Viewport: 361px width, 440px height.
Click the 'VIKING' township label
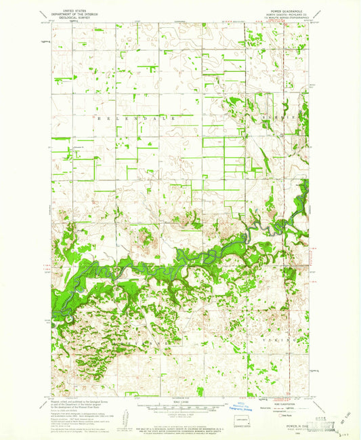tap(276, 337)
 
